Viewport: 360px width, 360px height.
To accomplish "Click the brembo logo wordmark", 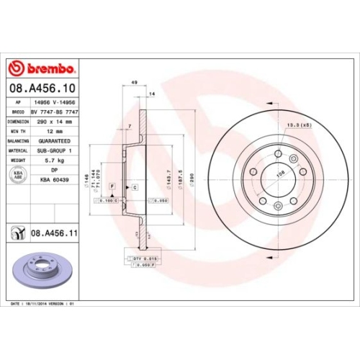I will [x=41, y=68].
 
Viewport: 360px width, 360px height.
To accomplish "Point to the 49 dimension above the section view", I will [x=135, y=84].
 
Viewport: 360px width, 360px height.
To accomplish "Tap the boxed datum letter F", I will [x=112, y=186].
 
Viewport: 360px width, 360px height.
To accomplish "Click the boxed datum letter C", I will [x=135, y=186].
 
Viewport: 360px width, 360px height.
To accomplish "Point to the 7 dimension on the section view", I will [x=129, y=127].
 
